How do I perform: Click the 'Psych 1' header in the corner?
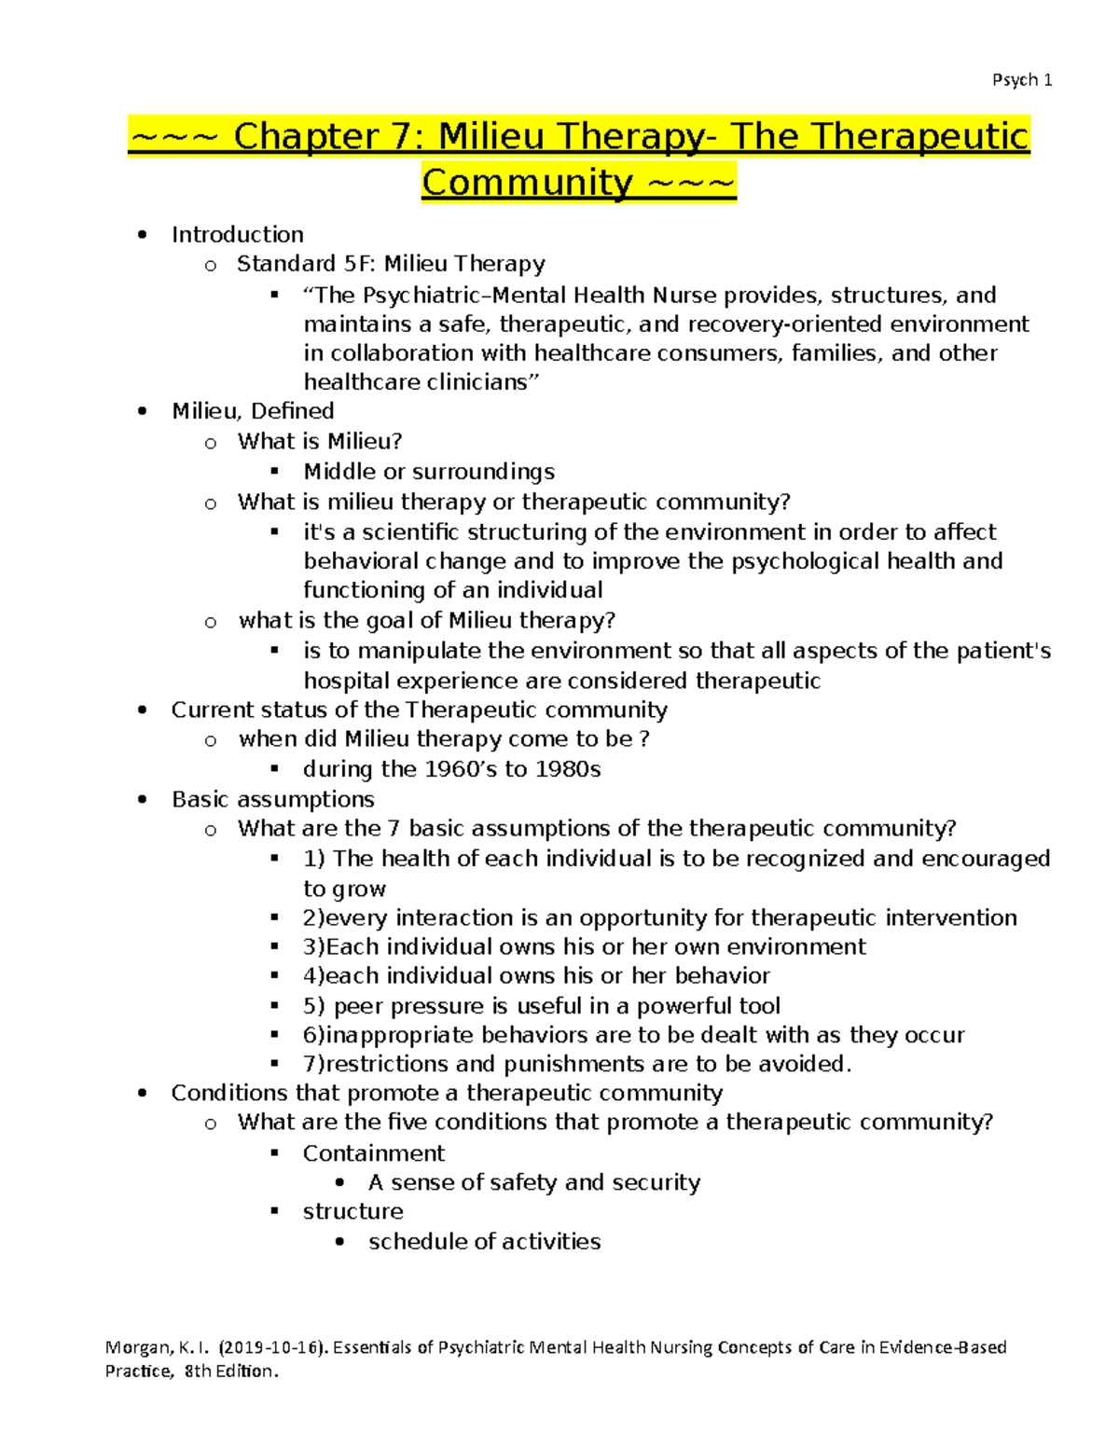(x=1022, y=80)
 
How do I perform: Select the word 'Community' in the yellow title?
(x=527, y=183)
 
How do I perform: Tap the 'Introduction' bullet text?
(x=238, y=234)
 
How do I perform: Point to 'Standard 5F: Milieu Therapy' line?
(x=391, y=264)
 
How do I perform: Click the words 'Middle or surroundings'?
(x=429, y=472)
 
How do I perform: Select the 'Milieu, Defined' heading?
(x=253, y=411)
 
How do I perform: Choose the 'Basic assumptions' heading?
(x=273, y=799)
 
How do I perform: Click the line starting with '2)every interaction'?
(x=659, y=917)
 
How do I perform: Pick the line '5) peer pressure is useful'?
(x=541, y=1006)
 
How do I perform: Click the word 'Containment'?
(x=374, y=1153)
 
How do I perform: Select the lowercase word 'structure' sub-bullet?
(x=353, y=1211)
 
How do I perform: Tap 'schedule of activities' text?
(x=485, y=1242)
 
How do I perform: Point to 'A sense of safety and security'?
(x=534, y=1182)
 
